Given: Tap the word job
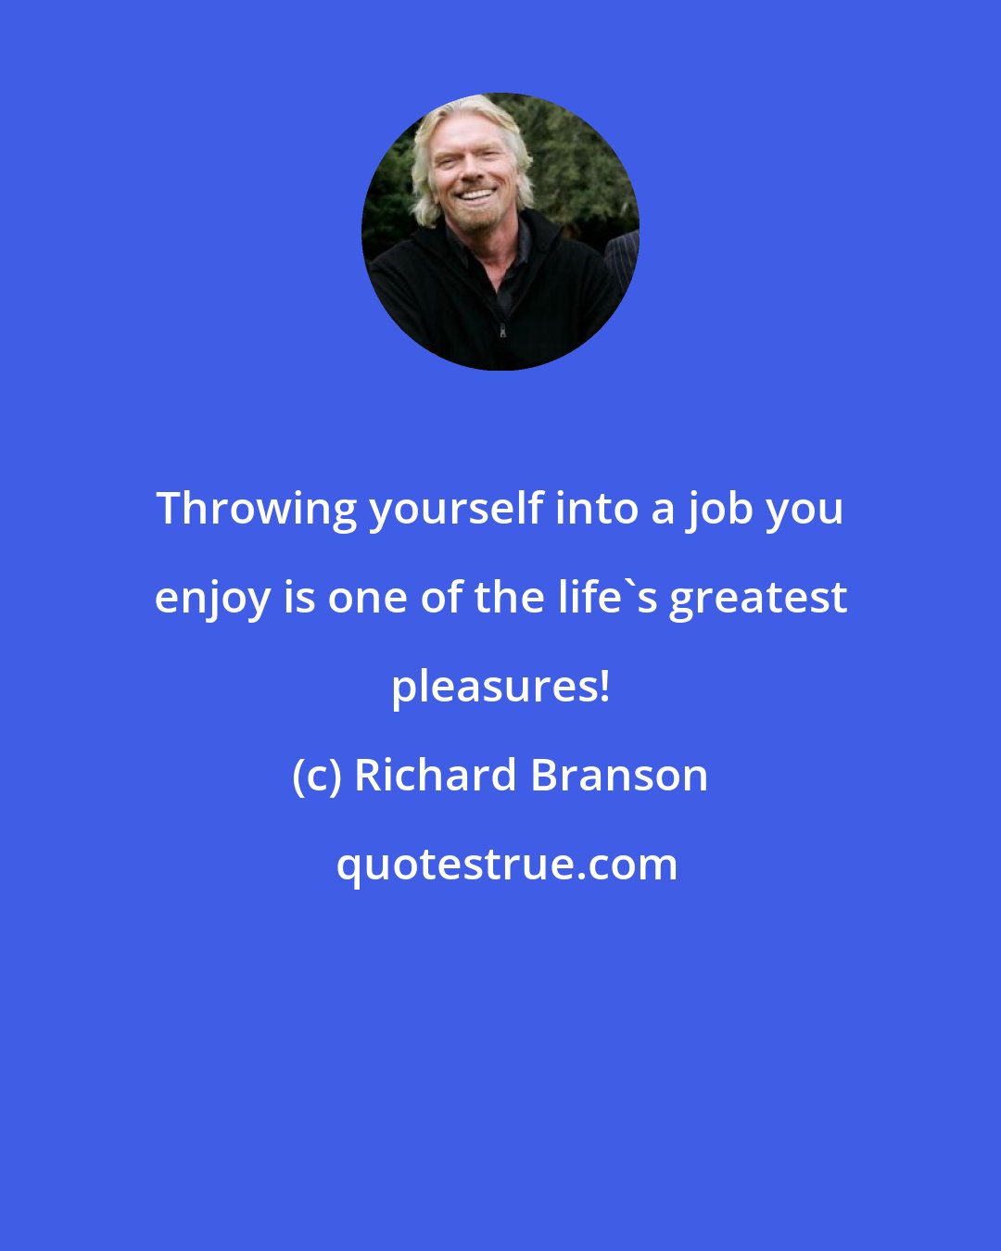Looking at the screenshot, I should (x=719, y=509).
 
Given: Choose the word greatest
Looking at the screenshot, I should (x=758, y=598).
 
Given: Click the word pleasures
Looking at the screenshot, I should (x=493, y=687).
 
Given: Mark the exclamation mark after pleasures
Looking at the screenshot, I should (x=605, y=687).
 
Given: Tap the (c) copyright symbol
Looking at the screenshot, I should (x=317, y=776).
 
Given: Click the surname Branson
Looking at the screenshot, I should (x=619, y=776).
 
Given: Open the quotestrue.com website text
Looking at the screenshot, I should (x=506, y=865).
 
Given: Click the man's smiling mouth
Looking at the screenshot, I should (x=476, y=196).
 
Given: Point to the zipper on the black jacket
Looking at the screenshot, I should (x=502, y=329).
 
